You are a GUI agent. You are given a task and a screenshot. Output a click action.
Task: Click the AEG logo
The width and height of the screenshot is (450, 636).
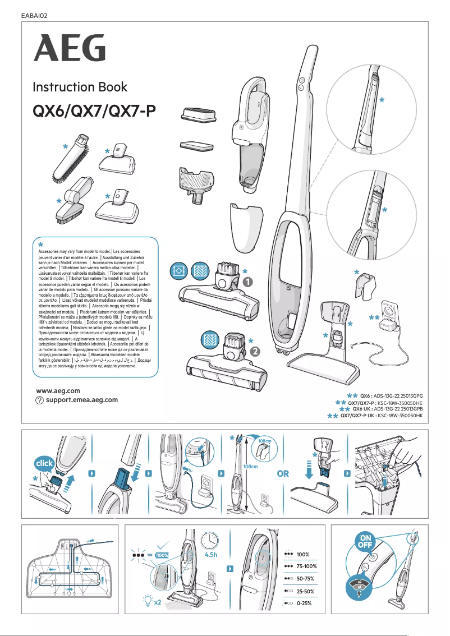[69, 48]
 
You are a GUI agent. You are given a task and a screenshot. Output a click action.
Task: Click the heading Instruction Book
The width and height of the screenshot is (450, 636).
[80, 87]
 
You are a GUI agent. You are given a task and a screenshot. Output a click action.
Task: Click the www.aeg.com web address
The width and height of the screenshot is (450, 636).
[58, 390]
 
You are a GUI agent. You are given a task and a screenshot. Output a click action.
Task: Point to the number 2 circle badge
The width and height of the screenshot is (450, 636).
[255, 352]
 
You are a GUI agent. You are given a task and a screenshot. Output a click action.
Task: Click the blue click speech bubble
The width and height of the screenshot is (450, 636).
[44, 464]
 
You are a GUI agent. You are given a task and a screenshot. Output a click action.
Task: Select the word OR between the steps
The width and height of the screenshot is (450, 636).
[283, 473]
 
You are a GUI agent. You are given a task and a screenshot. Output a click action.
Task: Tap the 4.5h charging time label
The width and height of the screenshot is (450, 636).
[211, 555]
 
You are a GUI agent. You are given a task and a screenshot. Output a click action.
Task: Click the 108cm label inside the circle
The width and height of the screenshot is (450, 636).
[265, 443]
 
